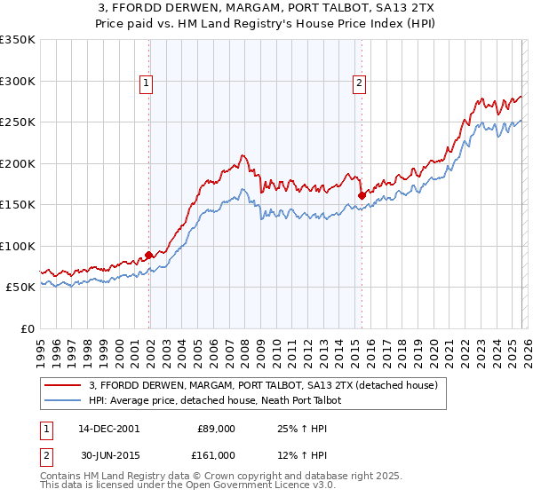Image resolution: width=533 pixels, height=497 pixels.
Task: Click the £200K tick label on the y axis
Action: (x=17, y=163)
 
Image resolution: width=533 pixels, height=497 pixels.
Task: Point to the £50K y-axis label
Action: (x=20, y=288)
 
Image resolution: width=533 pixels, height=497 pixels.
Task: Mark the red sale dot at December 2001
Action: (x=149, y=256)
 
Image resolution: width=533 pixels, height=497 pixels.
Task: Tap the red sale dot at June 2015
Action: (x=362, y=195)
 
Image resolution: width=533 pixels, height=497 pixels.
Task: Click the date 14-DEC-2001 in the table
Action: (x=108, y=429)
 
